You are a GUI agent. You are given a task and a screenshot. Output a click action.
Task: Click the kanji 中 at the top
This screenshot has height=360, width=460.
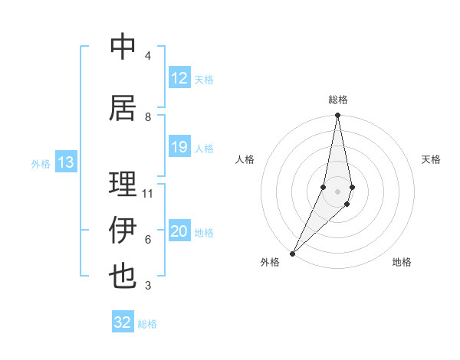[x=123, y=47]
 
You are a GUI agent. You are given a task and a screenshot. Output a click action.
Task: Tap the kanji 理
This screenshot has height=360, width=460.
[x=123, y=184]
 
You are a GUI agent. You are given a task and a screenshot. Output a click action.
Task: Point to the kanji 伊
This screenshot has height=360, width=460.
[x=123, y=231]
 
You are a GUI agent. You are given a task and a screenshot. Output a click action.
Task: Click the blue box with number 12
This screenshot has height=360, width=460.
[x=179, y=78]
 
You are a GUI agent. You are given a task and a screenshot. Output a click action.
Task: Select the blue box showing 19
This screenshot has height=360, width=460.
[x=179, y=147]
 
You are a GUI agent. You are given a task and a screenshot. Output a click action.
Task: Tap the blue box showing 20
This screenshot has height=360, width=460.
[x=179, y=231]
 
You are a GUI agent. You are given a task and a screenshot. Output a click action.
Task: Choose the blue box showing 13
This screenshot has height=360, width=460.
[x=66, y=162]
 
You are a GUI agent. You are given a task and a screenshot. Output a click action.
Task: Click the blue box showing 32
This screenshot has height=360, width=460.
[x=123, y=322]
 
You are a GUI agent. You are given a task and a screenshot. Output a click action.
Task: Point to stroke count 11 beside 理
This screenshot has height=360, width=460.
[x=148, y=193]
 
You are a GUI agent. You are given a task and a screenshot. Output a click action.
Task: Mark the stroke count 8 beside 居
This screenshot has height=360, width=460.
[x=148, y=116]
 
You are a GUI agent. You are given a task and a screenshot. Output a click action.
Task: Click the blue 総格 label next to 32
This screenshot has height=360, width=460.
[x=147, y=324]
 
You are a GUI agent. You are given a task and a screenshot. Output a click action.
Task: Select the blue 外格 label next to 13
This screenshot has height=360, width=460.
[x=41, y=163]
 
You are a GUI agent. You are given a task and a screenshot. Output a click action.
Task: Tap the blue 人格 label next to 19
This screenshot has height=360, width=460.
[x=204, y=148]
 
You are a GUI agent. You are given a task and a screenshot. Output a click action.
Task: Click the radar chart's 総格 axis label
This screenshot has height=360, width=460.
[x=338, y=100]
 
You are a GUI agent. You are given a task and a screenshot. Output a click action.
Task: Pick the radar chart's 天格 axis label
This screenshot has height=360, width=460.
[x=432, y=159]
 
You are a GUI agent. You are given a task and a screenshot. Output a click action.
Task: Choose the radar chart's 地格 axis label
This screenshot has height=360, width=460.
[x=402, y=263]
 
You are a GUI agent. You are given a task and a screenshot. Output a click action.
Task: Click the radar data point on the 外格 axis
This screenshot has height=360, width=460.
[x=292, y=253]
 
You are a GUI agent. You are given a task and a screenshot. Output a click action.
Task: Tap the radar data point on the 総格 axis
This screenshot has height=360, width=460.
[x=337, y=116]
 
